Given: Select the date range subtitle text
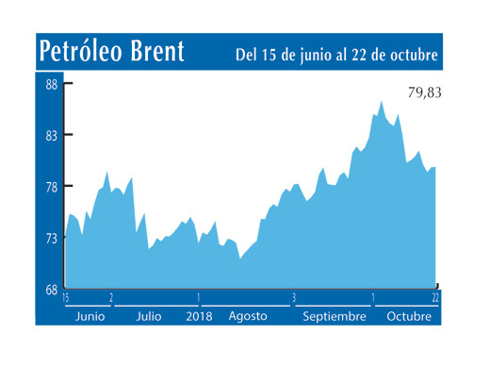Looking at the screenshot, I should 336,54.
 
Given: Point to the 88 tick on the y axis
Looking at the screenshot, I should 52,85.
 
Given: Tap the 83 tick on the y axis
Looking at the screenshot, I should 52,136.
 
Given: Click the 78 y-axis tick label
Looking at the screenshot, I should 52,187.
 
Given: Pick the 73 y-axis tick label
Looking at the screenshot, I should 52,239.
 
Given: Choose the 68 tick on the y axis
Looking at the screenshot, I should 52,289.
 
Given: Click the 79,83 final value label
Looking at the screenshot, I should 423,92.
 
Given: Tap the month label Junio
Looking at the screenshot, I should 90,316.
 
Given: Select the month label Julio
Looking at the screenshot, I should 150,316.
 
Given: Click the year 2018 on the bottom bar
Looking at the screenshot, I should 200,316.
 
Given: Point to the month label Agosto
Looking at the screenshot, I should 248,316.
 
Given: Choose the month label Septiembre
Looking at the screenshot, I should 334,316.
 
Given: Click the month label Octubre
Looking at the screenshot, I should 409,316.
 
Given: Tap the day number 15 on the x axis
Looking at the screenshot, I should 66,298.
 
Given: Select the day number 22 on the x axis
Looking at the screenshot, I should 436,298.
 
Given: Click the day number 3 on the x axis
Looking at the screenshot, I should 294,298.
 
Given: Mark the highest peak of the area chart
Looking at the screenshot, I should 382,101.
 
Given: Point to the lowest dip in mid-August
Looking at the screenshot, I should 240,259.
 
